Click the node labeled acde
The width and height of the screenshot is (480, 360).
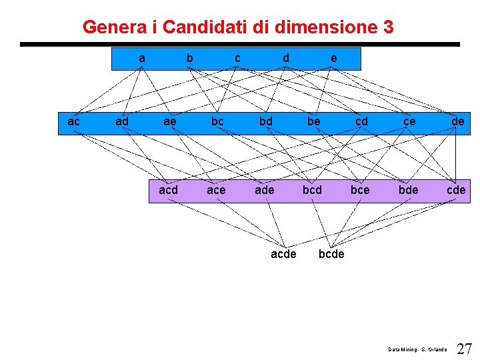click(283, 254)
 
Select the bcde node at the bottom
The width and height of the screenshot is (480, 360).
click(331, 254)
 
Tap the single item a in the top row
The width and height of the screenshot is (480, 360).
click(141, 58)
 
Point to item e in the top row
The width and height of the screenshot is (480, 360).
click(333, 58)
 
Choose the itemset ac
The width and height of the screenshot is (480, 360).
click(74, 121)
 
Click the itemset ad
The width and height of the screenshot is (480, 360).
click(122, 121)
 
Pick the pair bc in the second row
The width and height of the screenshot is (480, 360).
click(217, 121)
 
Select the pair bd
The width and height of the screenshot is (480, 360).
click(265, 121)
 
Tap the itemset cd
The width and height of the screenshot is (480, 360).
click(361, 121)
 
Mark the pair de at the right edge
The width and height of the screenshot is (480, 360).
click(457, 121)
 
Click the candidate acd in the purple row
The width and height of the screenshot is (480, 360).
click(168, 190)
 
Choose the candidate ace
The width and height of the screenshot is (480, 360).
click(216, 190)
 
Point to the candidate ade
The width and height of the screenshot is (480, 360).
click(264, 190)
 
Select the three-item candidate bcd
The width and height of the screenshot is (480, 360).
click(312, 190)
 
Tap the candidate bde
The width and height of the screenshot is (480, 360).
click(408, 190)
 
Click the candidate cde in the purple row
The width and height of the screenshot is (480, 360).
click(456, 190)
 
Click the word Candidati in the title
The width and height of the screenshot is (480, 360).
click(204, 27)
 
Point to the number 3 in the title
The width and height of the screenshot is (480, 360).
click(388, 27)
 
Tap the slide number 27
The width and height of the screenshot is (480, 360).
click(465, 349)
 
